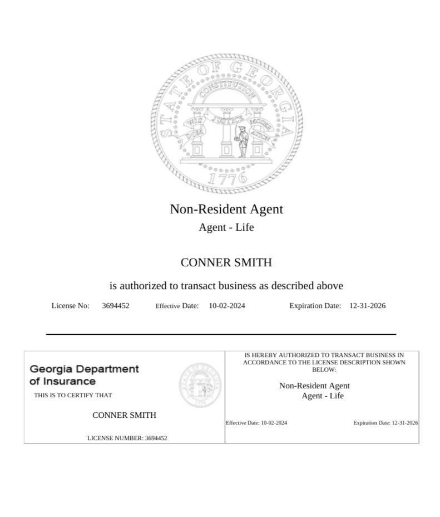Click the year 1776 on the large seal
point(227,178)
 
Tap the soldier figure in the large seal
point(242,142)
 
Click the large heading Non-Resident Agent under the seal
point(226,209)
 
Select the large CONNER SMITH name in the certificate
point(226,262)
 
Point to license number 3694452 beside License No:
point(116,306)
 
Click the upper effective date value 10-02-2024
point(227,306)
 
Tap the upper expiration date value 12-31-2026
point(367,306)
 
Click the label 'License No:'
point(71,306)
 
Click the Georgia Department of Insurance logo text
point(84,375)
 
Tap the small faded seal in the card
point(200,384)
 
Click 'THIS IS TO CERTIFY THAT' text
point(73,396)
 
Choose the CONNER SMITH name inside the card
point(124,415)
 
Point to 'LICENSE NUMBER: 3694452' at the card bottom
point(127,438)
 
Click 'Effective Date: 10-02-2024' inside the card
point(256,423)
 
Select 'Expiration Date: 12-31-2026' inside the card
point(385,423)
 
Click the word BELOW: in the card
point(324,370)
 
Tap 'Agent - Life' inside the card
point(323,396)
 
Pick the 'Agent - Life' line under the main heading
point(226,227)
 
